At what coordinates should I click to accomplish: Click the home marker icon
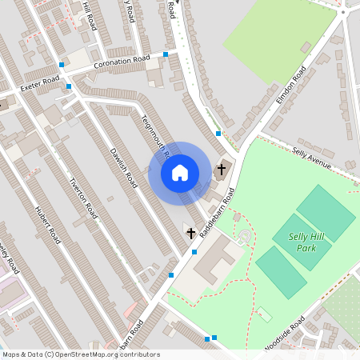point(180,173)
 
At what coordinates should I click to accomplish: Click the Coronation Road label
point(122,62)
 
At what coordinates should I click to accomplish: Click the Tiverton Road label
point(83,198)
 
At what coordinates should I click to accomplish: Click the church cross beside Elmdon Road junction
point(222,170)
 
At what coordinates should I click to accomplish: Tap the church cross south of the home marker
point(190,234)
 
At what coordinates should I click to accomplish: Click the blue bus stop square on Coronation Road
point(166,54)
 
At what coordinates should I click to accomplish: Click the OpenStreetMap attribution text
point(80,354)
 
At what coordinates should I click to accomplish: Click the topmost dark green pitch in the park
point(326,213)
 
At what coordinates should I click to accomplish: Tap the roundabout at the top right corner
point(343,11)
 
